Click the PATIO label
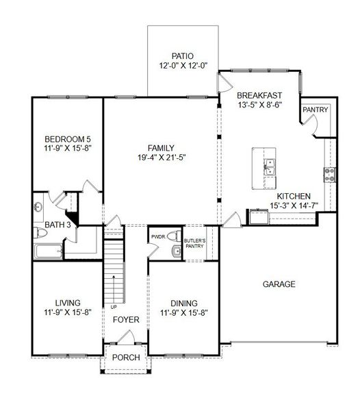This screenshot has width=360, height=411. tap(183, 55)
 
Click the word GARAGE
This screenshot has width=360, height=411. tap(279, 284)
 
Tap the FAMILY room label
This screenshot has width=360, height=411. tap(161, 147)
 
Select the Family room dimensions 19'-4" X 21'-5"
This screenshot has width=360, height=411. tap(161, 158)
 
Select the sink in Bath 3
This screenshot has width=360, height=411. tap(39, 206)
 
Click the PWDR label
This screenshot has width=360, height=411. tap(157, 237)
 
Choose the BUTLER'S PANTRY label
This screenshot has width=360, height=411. tap(194, 243)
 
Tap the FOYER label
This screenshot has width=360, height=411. tap(127, 320)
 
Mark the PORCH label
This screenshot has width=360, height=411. tap(126, 358)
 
